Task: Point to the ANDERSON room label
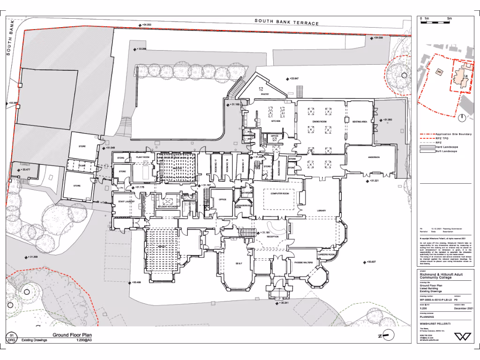[x=374, y=157]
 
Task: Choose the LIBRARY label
[x=322, y=211]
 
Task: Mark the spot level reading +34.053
[x=147, y=24]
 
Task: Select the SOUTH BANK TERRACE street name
[x=286, y=22]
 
